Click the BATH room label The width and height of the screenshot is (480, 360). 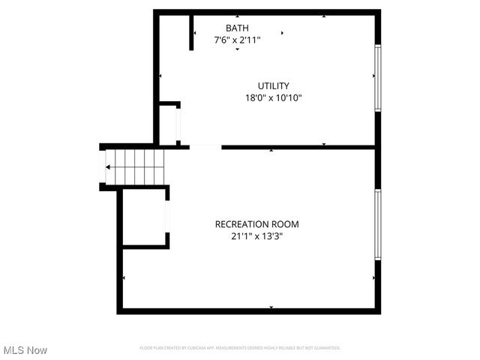pyautogui.click(x=237, y=28)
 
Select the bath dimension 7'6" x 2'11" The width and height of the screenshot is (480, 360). pyautogui.click(x=237, y=40)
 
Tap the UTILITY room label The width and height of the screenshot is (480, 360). pyautogui.click(x=273, y=85)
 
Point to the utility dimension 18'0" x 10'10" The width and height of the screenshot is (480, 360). pyautogui.click(x=273, y=97)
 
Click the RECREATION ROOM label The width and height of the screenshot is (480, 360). pyautogui.click(x=256, y=223)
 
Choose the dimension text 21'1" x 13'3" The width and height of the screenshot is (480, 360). pyautogui.click(x=256, y=235)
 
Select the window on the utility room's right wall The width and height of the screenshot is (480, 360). pyautogui.click(x=378, y=78)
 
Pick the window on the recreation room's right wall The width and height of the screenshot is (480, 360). pyautogui.click(x=378, y=224)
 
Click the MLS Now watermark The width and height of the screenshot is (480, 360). pyautogui.click(x=25, y=350)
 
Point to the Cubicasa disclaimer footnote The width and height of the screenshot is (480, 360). pyautogui.click(x=240, y=348)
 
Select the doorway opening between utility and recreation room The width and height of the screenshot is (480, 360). pyautogui.click(x=205, y=147)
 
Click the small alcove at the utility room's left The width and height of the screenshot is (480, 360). pyautogui.click(x=169, y=124)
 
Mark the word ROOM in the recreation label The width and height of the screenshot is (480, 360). pyautogui.click(x=284, y=223)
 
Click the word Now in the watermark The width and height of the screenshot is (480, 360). pyautogui.click(x=37, y=350)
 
